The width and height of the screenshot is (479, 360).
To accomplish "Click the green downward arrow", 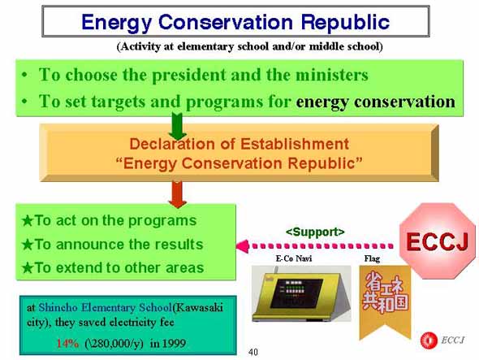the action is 178,126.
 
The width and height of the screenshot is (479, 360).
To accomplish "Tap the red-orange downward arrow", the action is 178,194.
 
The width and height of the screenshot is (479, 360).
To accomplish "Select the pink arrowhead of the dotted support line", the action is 242,246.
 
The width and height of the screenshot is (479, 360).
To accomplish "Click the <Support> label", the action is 315,232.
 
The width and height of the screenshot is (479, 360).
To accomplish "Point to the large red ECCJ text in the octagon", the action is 437,241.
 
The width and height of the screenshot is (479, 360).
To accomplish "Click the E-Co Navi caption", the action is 294,258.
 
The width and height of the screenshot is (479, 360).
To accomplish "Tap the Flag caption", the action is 372,258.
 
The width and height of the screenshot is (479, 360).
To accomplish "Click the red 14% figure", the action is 67,343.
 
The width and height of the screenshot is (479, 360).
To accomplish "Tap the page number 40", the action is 253,352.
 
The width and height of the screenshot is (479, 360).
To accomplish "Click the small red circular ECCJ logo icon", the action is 429,340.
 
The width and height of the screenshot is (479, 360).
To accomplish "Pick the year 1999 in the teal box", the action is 174,343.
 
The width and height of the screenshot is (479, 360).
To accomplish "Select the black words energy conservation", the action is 375,102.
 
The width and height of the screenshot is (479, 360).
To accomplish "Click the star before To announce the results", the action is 28,245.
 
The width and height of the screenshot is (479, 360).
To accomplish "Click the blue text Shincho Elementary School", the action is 106,307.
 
